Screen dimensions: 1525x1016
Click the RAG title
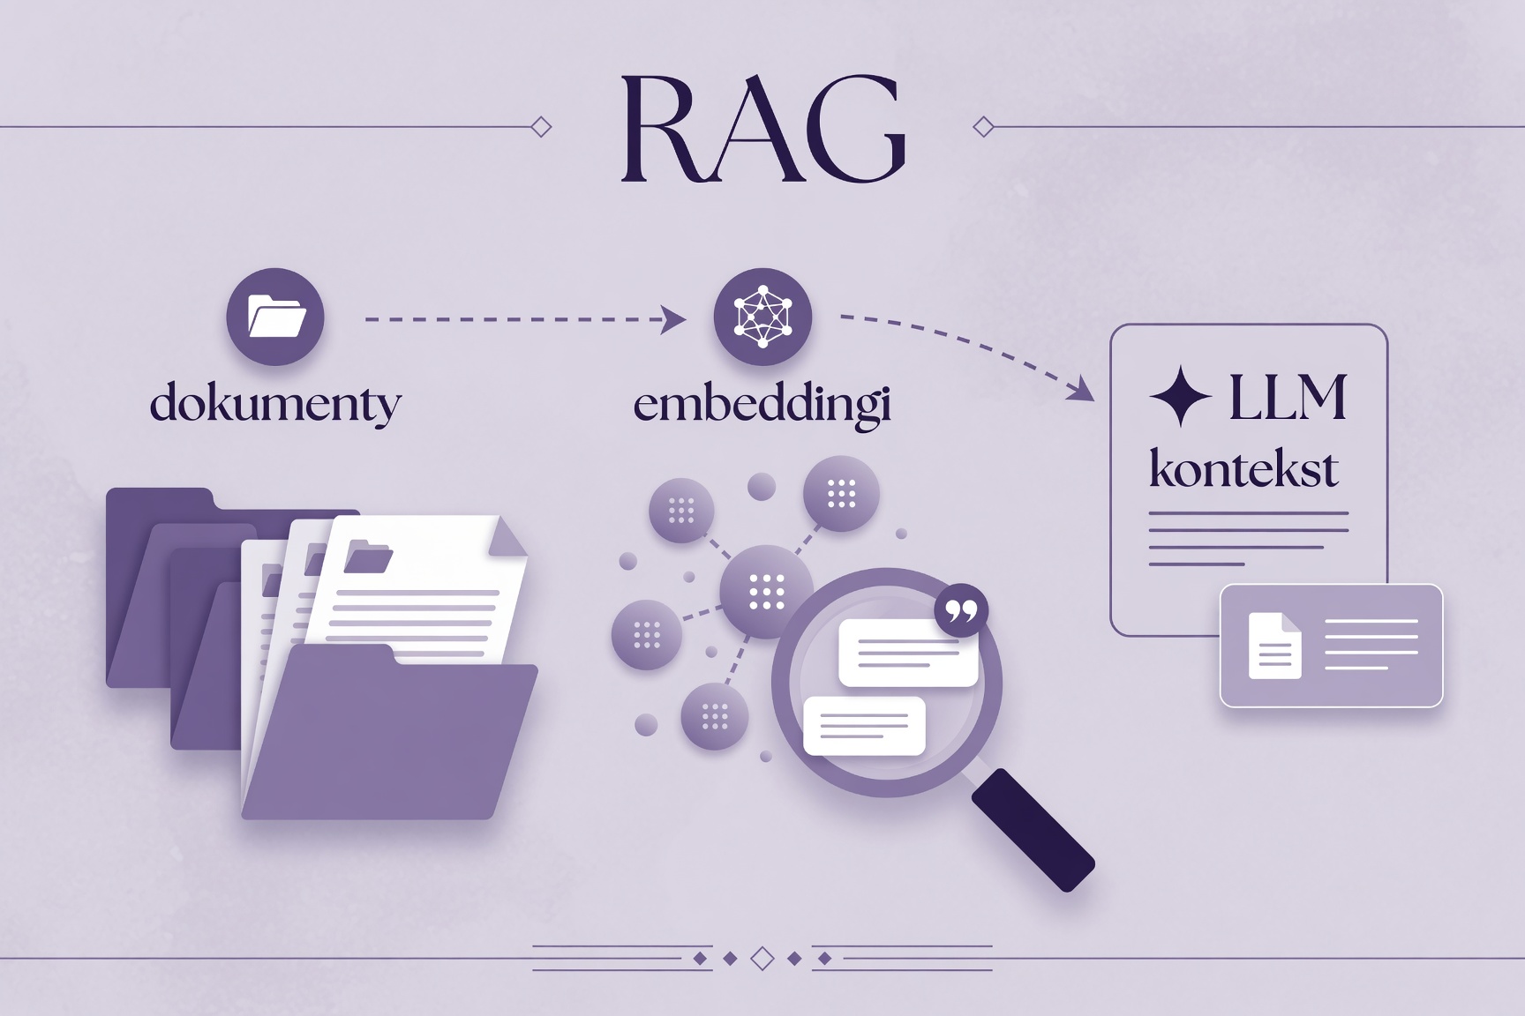point(763,129)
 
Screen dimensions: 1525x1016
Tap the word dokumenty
point(275,405)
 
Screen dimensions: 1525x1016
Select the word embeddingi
point(762,405)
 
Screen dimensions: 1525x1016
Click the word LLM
point(1288,397)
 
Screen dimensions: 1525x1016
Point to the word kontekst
point(1243,467)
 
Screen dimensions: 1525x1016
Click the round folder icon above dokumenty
point(275,317)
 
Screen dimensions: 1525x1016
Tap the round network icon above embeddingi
point(762,317)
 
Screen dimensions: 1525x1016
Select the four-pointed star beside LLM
point(1181,397)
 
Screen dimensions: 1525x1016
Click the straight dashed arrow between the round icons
point(526,319)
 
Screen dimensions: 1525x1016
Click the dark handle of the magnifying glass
point(1033,829)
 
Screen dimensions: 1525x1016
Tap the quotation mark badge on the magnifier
point(961,610)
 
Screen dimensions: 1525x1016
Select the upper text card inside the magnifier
point(908,653)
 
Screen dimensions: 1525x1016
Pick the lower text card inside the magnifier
point(865,726)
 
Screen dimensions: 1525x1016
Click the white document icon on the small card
point(1275,646)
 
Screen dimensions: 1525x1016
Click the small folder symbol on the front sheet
point(368,557)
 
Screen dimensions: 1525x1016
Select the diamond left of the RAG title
point(542,127)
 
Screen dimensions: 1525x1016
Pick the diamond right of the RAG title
point(983,127)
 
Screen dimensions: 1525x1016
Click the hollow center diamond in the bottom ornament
point(762,958)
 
